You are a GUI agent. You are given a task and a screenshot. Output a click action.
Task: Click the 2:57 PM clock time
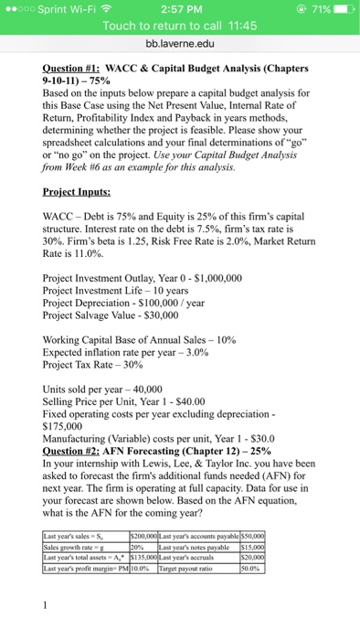tap(179, 8)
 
